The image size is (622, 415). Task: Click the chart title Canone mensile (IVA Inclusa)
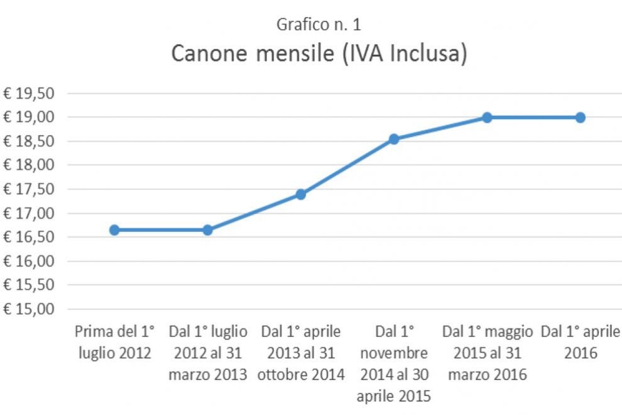[x=319, y=53]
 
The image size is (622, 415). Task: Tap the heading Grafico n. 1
[x=319, y=25]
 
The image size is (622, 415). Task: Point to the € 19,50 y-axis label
[x=28, y=93]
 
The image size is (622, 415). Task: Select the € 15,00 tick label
[x=28, y=309]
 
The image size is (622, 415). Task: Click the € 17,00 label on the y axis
[x=28, y=213]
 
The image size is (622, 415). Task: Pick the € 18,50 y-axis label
[x=28, y=141]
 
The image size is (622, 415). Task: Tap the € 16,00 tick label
[x=28, y=261]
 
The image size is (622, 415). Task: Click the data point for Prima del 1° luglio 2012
[x=114, y=230]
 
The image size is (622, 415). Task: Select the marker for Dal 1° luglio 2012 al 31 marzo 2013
[x=207, y=230]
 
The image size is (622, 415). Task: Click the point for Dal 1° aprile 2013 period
[x=301, y=194]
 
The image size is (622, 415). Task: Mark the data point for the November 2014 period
[x=394, y=139]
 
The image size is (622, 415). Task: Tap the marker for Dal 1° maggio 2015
[x=487, y=118]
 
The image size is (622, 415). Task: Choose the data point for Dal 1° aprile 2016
[x=581, y=118]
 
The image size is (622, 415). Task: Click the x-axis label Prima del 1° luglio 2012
[x=114, y=342]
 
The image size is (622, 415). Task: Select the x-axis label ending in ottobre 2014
[x=301, y=353]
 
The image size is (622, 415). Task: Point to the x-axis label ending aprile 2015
[x=394, y=364]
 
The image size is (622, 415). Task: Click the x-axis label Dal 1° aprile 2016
[x=581, y=342]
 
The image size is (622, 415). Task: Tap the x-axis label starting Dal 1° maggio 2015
[x=488, y=353]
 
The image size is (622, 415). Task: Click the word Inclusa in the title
[x=428, y=53]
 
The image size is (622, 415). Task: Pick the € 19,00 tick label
[x=28, y=117]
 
